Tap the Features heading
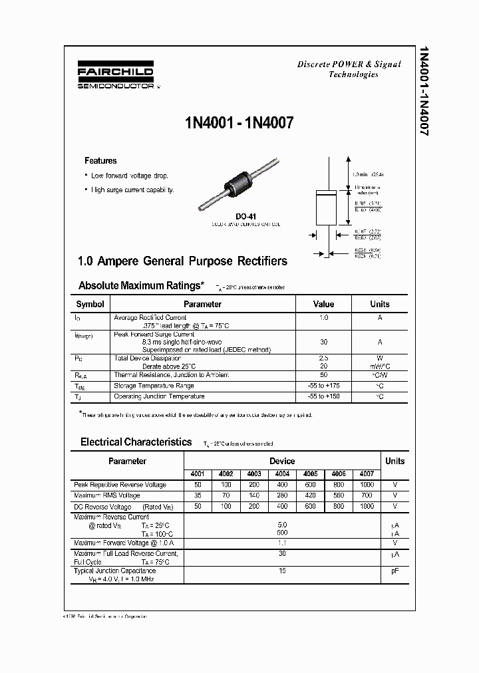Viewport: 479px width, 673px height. (100, 161)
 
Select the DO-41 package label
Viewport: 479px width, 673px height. (245, 216)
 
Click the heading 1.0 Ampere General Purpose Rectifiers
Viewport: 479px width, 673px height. (183, 261)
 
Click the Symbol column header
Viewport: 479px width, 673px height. (90, 304)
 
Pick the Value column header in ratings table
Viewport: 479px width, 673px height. (323, 304)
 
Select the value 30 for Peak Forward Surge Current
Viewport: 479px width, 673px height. (323, 342)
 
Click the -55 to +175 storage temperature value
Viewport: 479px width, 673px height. (323, 386)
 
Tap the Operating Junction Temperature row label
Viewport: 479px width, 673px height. (159, 396)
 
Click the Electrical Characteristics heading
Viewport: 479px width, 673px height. (136, 442)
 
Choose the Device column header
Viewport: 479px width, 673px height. (282, 461)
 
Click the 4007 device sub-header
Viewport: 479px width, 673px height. (367, 474)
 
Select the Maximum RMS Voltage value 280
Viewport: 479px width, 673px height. (282, 495)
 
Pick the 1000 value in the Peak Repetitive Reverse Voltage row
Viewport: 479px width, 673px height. (367, 485)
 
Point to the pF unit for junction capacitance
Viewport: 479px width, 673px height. (395, 571)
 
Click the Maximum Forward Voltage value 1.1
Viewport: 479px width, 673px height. (282, 543)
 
